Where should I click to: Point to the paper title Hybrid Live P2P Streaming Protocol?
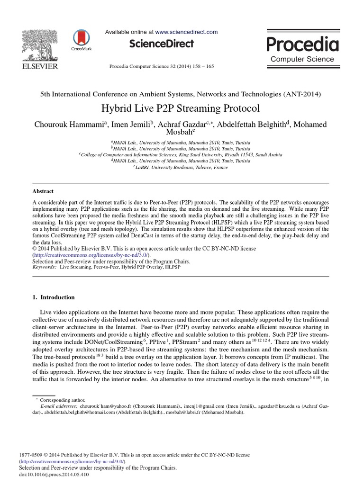click(x=181, y=108)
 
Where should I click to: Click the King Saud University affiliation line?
click(x=181, y=154)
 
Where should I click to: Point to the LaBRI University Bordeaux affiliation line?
click(x=181, y=167)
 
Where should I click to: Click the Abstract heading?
click(x=43, y=191)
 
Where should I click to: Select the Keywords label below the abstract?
click(x=44, y=267)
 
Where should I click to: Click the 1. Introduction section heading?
click(x=53, y=297)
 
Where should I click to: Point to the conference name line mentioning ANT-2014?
click(x=181, y=94)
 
